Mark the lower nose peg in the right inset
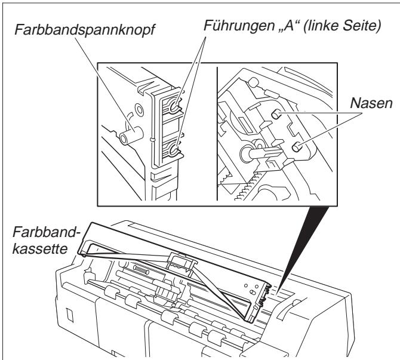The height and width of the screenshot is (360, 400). coord(296,146)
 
